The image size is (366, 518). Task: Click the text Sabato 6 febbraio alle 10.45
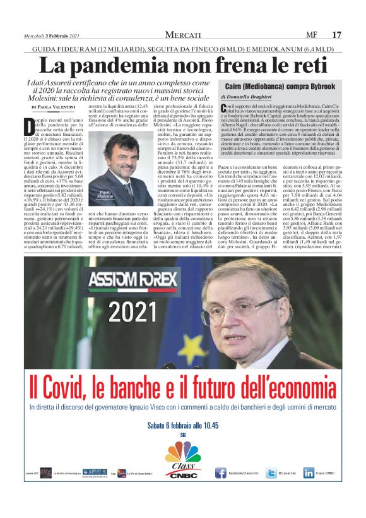click(183, 426)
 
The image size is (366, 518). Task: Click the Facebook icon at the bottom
click(221, 473)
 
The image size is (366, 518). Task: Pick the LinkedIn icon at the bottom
click(309, 473)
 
